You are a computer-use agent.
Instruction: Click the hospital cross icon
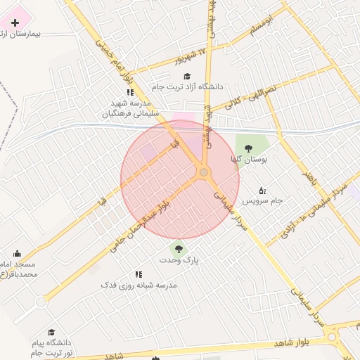pos(15,22)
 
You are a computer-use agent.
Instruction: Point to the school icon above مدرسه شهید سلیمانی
pos(130,92)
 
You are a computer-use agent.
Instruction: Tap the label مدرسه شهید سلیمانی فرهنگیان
pos(131,108)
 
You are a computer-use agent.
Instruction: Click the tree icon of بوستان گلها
pos(247,148)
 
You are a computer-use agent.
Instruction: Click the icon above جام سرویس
pos(262,190)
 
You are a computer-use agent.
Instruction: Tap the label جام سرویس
pos(262,200)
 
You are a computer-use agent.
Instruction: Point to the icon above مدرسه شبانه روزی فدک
pos(139,274)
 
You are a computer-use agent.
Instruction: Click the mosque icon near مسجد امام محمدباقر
pos(17,253)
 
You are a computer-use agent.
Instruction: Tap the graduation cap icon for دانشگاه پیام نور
pos(51,332)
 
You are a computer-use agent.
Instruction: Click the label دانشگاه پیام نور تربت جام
pos(51,347)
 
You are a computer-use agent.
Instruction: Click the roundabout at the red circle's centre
pos(203,172)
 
